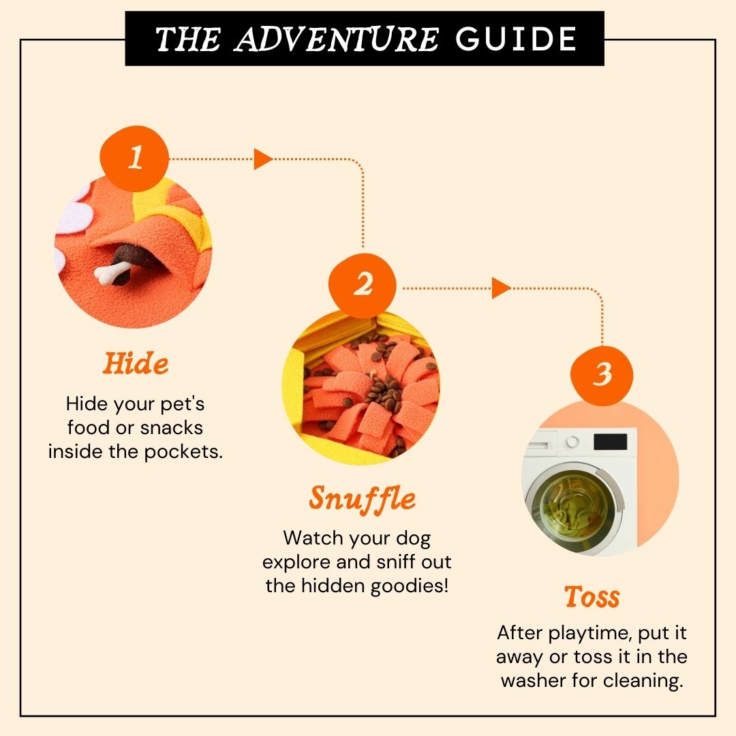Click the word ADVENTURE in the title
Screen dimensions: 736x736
click(x=336, y=39)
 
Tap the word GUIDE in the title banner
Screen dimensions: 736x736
click(x=516, y=39)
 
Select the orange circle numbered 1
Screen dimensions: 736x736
click(x=134, y=158)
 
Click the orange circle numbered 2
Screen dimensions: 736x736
click(x=363, y=286)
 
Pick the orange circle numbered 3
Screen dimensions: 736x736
click(x=602, y=375)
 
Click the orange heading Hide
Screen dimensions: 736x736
click(x=135, y=363)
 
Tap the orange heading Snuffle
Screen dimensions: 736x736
click(x=362, y=498)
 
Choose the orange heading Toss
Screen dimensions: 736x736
click(x=592, y=596)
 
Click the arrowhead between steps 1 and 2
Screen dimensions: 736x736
click(x=263, y=159)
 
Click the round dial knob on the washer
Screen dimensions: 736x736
click(x=572, y=442)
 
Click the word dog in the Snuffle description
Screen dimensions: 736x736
click(x=413, y=538)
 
